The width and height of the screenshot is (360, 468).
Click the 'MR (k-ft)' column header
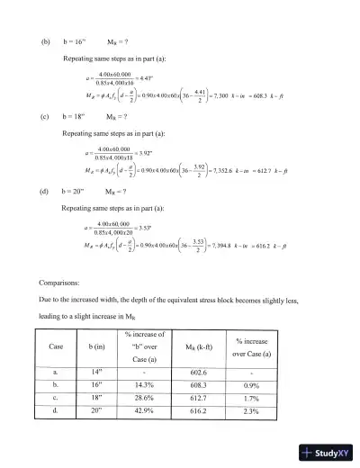tap(224, 346)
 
